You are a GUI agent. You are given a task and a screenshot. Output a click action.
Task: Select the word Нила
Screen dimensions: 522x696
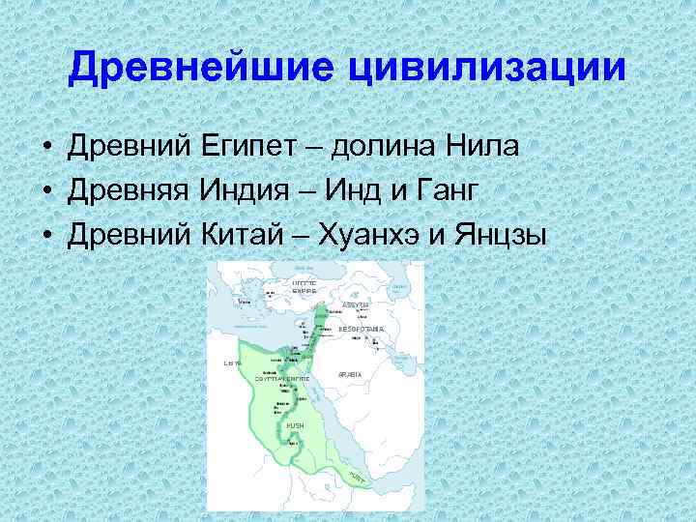point(483,146)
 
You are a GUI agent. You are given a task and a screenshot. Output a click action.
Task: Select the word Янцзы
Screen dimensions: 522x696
point(501,232)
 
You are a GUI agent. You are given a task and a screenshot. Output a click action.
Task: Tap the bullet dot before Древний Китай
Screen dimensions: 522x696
point(46,234)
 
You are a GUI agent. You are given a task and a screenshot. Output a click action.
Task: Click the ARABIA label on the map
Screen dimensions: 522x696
point(350,373)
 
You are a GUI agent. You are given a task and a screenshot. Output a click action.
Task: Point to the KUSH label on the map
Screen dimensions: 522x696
point(294,425)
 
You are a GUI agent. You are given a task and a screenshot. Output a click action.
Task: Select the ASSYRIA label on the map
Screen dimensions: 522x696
point(356,304)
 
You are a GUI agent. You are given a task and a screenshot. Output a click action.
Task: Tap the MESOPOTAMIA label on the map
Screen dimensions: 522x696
point(362,330)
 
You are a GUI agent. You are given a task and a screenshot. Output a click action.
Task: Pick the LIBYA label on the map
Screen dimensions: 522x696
point(231,363)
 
